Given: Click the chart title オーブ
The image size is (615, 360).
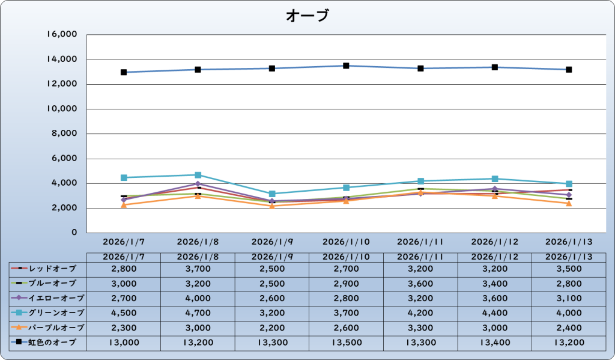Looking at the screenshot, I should (x=307, y=16).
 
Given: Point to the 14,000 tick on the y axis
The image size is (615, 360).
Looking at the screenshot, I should (x=62, y=59).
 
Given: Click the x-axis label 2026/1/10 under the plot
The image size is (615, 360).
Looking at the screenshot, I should (x=347, y=242).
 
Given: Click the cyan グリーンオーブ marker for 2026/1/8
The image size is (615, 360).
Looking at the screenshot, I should (x=198, y=175).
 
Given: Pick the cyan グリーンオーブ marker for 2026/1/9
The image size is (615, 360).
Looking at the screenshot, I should (x=272, y=194).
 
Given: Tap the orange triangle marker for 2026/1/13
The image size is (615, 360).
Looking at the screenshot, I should (x=569, y=203).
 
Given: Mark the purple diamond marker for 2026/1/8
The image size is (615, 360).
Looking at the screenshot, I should (x=198, y=184).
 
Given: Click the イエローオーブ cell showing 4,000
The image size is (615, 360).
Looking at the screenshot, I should (x=198, y=297).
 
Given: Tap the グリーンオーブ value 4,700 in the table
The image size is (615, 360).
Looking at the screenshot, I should (x=198, y=313).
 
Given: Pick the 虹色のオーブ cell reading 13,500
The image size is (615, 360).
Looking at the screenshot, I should (x=347, y=343).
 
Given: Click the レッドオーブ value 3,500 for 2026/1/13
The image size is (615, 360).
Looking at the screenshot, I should (x=569, y=268).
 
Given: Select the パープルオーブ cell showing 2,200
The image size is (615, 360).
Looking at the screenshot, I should (x=272, y=328).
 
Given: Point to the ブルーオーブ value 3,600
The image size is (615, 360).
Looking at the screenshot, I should (x=421, y=283).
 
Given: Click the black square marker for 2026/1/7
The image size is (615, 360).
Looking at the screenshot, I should (x=124, y=72).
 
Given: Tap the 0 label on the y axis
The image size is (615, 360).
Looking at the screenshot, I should (x=73, y=233).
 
